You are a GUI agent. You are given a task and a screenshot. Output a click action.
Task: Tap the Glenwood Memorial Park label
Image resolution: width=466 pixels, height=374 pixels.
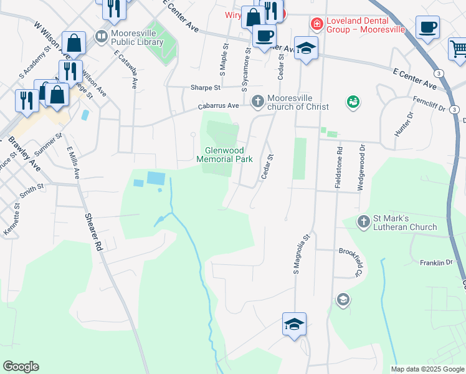(224, 155)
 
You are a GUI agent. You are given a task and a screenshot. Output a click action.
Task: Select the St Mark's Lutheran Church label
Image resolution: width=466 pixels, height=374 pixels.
(405, 223)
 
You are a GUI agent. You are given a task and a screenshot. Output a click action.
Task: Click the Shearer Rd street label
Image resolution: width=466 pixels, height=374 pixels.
(93, 229)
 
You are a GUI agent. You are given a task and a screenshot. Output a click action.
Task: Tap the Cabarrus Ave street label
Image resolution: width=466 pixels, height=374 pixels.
(219, 106)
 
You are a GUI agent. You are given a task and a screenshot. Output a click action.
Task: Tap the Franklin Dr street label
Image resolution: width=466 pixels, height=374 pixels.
(435, 263)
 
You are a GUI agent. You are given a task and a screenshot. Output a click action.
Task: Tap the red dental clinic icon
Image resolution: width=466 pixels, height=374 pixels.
(316, 24)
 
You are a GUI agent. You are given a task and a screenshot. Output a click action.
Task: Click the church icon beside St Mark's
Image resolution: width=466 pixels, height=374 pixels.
(364, 222)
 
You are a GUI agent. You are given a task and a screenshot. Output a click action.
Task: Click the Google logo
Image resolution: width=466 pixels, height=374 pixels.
(21, 367)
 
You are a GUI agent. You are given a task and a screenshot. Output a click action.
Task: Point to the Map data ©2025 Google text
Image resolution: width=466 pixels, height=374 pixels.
(427, 369)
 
